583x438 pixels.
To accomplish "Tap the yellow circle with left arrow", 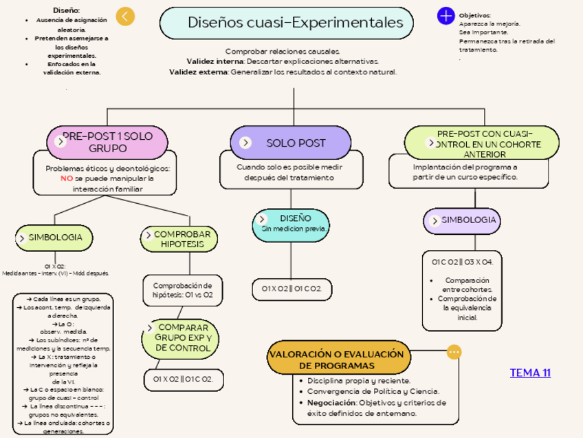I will coord(125,17).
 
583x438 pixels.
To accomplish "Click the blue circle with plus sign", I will coord(446,15).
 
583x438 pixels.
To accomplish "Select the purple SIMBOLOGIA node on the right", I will coord(462,220).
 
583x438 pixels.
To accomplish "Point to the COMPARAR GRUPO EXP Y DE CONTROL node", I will coord(180,337).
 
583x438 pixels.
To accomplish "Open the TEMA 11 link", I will coord(530,373).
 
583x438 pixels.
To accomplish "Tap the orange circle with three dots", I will coord(454,352).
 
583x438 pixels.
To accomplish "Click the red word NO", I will coord(67,178).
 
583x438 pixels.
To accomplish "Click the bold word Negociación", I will coord(331,403).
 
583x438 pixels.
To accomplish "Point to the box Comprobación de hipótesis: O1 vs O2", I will coord(182,290).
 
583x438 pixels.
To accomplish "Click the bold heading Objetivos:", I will coord(474,15).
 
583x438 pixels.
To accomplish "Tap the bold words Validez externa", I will coord(199,72).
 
